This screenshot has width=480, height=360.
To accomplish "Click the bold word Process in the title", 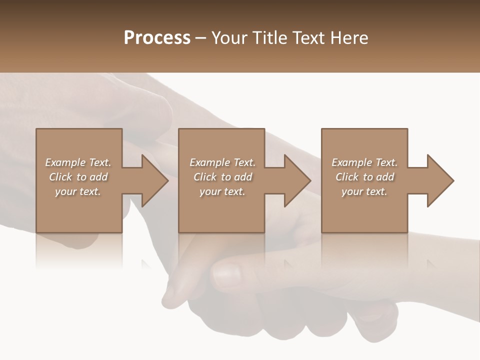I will click(x=157, y=38).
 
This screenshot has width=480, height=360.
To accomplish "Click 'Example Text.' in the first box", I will click(x=78, y=162).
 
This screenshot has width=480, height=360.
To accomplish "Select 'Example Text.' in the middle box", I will click(x=222, y=162).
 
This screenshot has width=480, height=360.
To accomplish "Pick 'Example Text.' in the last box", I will click(x=364, y=162).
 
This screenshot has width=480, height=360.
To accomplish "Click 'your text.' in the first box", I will click(x=78, y=191).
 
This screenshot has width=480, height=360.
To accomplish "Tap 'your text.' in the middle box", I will click(x=222, y=191).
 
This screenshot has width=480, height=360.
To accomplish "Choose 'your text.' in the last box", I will click(x=364, y=191).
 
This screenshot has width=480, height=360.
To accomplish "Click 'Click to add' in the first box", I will click(x=78, y=177).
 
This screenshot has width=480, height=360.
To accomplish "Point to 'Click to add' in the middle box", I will click(x=222, y=177).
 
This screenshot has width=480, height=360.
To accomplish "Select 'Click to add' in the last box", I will click(x=364, y=177).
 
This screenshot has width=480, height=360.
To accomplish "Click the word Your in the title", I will click(x=231, y=38).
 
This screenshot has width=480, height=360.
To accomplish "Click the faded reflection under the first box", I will click(x=78, y=250).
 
